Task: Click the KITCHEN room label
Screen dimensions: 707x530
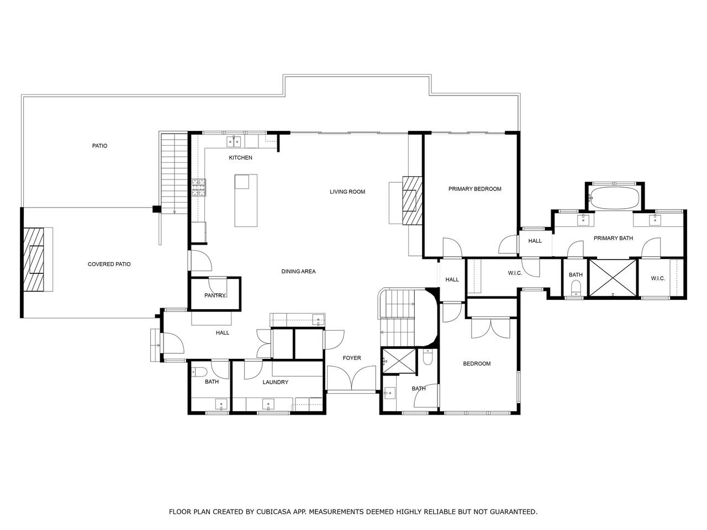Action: pos(240,158)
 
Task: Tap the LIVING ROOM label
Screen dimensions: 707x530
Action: pos(347,192)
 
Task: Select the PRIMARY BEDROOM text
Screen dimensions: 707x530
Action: pos(475,189)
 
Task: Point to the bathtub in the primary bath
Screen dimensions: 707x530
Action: pos(615,198)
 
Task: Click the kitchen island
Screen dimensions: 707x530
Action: pos(246,200)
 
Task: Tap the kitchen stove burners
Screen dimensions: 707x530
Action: pos(199,188)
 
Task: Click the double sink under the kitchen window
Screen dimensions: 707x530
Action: pos(234,141)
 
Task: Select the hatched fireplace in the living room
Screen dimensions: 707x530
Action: pos(412,200)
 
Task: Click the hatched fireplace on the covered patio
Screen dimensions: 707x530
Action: pos(34,259)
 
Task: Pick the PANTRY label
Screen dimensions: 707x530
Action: pos(215,295)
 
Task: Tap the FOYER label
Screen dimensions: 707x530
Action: pos(352,358)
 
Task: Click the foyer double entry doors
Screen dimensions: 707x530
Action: pos(351,378)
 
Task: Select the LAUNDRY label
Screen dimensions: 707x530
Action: pos(276,382)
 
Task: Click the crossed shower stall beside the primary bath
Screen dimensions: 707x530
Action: pos(613,278)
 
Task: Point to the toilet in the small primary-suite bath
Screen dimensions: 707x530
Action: pos(575,288)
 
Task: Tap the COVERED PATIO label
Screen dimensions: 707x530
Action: pos(109,264)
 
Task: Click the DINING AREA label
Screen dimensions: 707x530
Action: pos(298,271)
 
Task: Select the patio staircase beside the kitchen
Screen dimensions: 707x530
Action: pos(174,174)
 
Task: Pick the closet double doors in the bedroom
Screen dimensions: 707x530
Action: pos(490,328)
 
